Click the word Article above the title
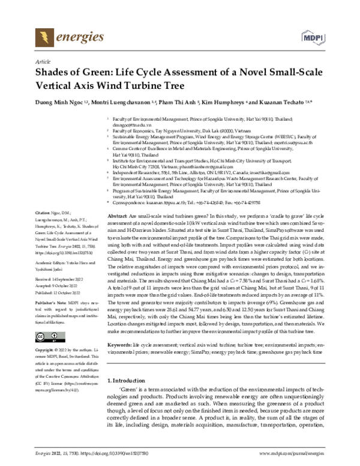click(x=44, y=62)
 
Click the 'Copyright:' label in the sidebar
click(x=47, y=349)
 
